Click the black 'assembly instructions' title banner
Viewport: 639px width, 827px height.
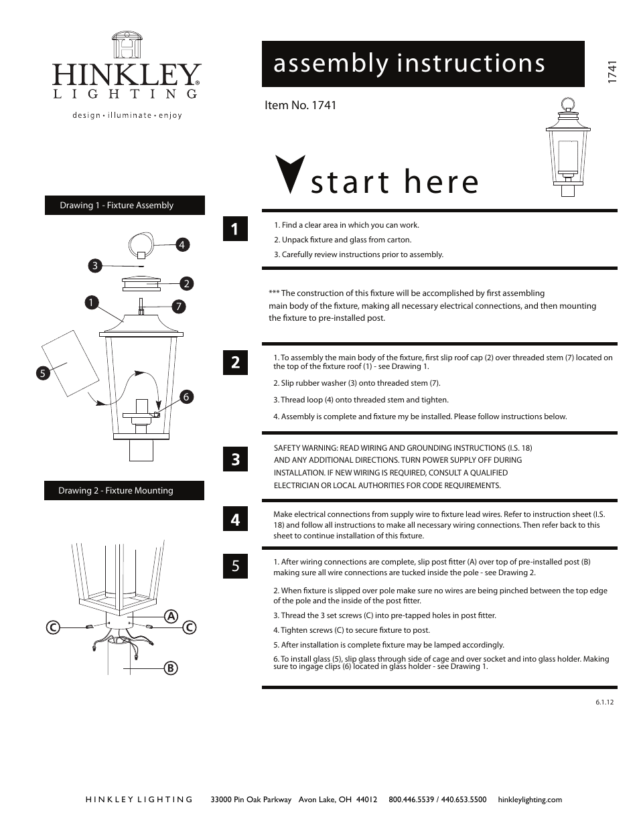pos(423,64)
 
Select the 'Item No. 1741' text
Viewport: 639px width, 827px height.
pos(301,105)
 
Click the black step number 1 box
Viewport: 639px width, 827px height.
pos(235,229)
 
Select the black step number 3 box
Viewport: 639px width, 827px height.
pos(235,459)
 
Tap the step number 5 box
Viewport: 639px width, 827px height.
pos(235,566)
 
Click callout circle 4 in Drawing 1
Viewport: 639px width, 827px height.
pos(181,245)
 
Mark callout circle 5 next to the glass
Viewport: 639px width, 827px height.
pos(42,374)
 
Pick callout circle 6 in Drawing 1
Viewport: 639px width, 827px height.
pos(186,397)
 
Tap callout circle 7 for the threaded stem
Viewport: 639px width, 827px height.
pos(179,307)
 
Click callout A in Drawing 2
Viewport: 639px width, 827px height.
pos(171,616)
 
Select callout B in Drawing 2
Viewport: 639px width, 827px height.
pos(171,668)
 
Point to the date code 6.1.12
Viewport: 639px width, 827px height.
pos(604,702)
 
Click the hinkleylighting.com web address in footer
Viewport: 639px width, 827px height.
pos(530,800)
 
